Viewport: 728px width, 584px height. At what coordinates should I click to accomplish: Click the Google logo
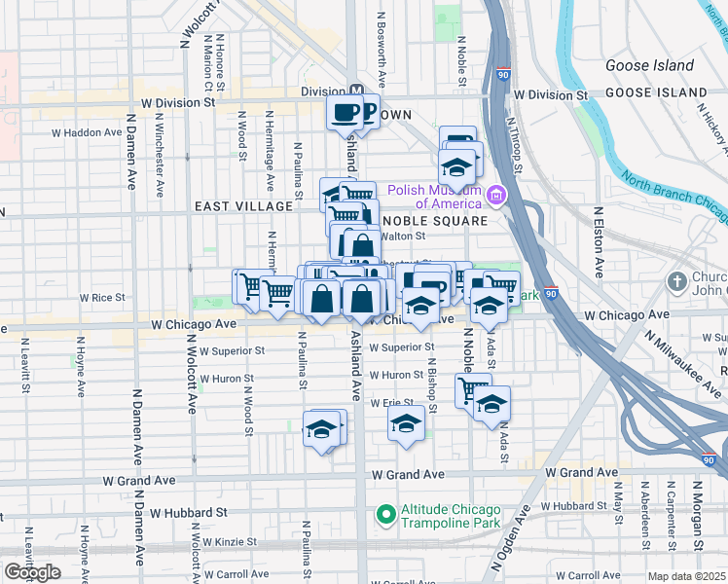click(32, 572)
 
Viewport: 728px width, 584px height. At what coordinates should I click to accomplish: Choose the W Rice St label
click(102, 297)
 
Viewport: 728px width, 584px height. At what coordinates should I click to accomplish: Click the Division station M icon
click(356, 91)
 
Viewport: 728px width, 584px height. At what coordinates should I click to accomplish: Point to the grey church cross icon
click(678, 282)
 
